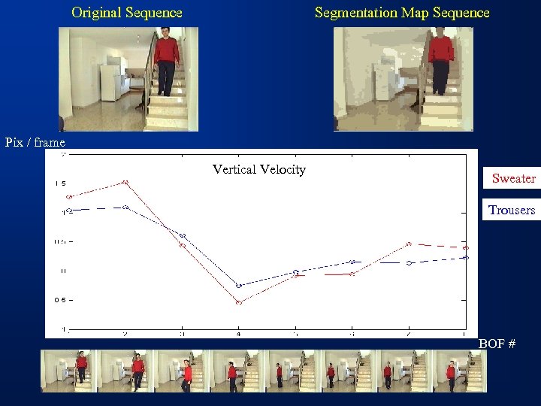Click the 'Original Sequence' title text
point(126,13)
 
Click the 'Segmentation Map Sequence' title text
point(401,13)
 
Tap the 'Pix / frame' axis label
point(35,142)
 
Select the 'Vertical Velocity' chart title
point(258,169)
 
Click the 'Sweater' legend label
point(513,178)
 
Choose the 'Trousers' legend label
point(512,210)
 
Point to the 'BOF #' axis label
point(497,344)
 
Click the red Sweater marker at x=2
point(125,182)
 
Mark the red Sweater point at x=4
point(239,302)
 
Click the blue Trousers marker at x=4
point(239,286)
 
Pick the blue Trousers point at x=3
point(182,236)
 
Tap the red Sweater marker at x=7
point(409,244)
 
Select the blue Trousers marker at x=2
point(125,207)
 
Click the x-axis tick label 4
point(239,333)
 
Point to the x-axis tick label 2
point(125,333)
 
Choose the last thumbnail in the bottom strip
point(459,371)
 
